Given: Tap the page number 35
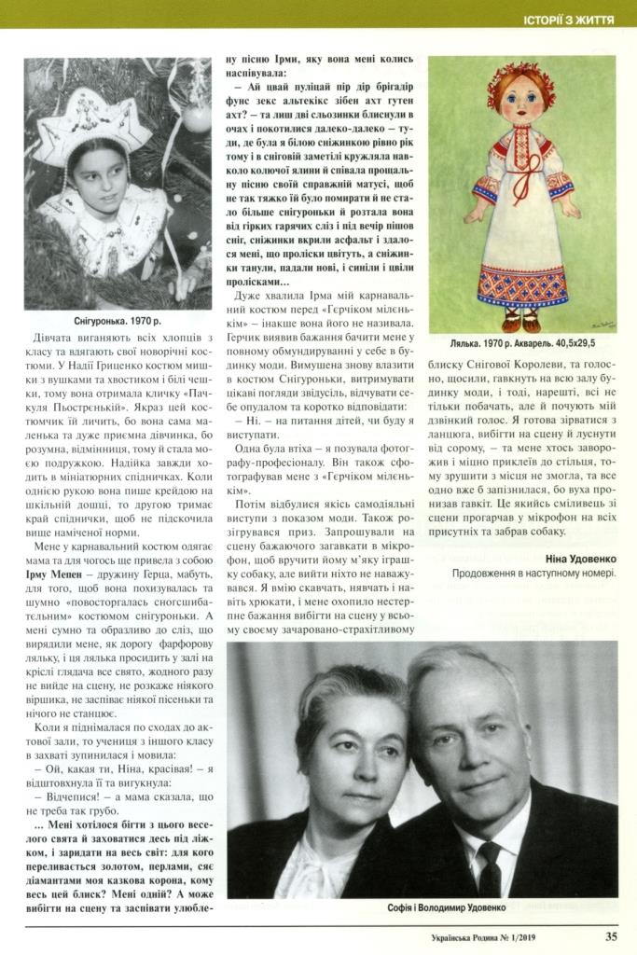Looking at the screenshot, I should (610, 937).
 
